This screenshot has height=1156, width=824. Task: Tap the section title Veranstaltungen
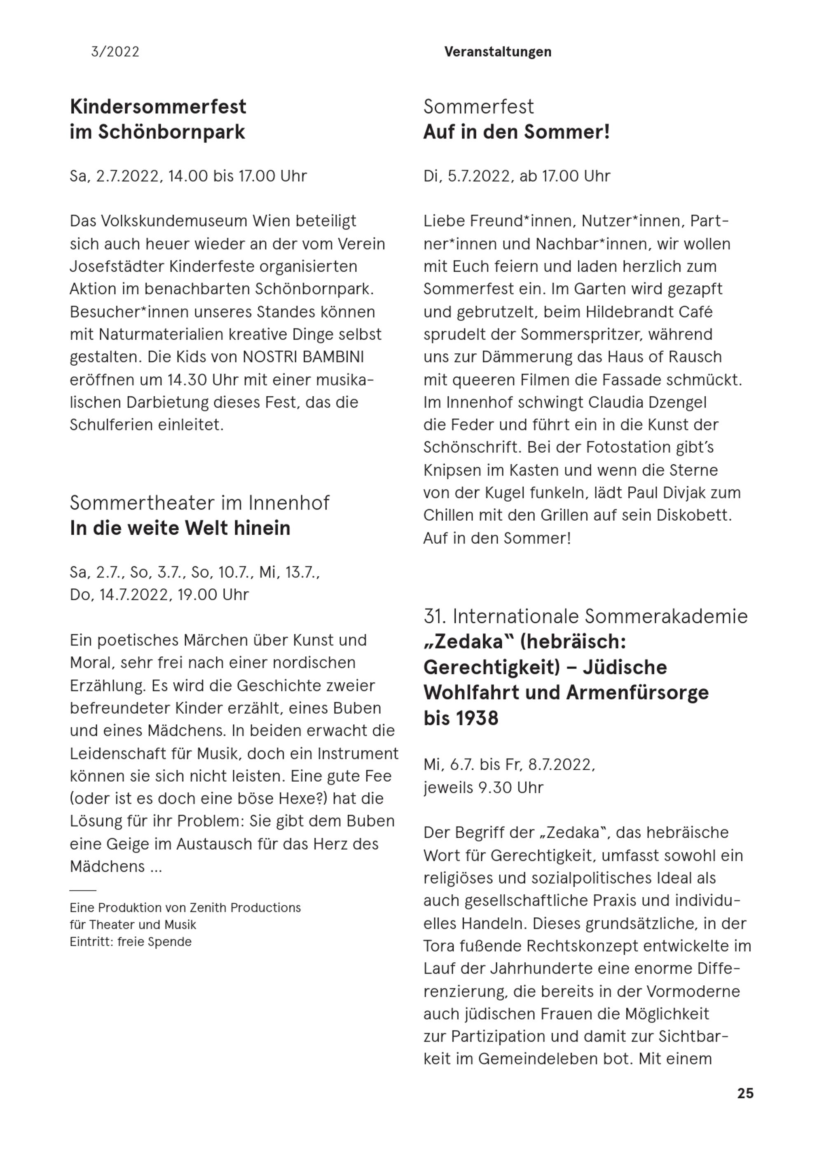(497, 52)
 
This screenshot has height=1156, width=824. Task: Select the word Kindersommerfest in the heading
(158, 107)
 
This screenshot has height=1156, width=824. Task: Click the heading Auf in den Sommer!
(516, 132)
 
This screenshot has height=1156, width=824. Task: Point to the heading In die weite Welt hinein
(180, 528)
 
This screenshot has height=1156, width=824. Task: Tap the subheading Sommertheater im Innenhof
(199, 503)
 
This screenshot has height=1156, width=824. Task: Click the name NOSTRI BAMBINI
(303, 357)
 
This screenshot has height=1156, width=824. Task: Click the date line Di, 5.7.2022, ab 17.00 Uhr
(517, 176)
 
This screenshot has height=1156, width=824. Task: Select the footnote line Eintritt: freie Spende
(131, 942)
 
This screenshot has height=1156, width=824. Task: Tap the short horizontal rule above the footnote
(83, 890)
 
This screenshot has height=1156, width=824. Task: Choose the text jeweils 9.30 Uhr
(483, 787)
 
